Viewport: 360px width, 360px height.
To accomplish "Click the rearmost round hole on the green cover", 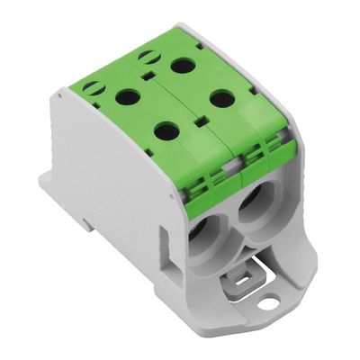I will (x=183, y=65).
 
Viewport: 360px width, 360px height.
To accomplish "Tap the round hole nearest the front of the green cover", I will (x=166, y=131).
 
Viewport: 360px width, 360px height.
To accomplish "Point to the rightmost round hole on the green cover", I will (x=222, y=98).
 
